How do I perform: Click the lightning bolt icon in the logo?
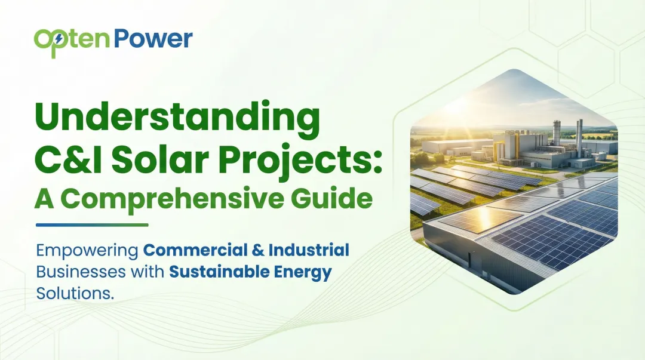(x=59, y=40)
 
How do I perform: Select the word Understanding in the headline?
(x=176, y=119)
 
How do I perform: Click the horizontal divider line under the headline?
(x=92, y=225)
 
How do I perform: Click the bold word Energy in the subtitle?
(x=302, y=273)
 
